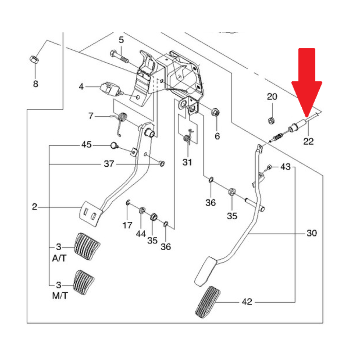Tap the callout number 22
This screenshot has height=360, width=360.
(x=309, y=141)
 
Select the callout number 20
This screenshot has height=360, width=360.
(x=272, y=96)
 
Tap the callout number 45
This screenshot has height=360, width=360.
(x=86, y=145)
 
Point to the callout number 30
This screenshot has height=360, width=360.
(x=312, y=233)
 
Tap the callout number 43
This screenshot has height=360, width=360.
(x=285, y=167)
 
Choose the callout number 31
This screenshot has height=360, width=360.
(x=187, y=163)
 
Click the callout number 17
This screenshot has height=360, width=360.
(x=127, y=225)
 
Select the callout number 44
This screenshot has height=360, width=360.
(x=141, y=234)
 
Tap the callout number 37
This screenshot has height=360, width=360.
(x=109, y=164)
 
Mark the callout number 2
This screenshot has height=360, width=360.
(x=35, y=207)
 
